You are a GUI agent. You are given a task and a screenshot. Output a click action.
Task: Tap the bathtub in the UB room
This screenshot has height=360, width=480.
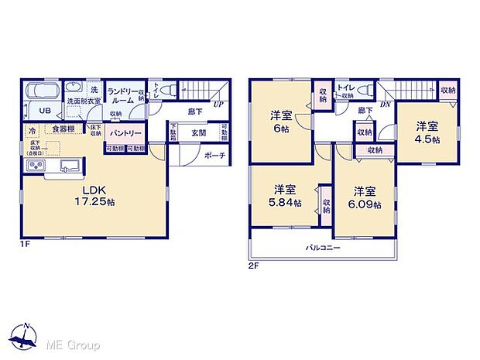[40, 93]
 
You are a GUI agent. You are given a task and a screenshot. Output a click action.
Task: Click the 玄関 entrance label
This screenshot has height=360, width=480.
[199, 132]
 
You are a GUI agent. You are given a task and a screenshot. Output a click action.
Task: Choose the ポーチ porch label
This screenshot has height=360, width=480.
[214, 155]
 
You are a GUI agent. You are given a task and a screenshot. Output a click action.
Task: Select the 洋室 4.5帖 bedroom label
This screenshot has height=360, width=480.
[425, 132]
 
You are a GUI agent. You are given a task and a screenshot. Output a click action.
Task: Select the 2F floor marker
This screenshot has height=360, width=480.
[253, 266]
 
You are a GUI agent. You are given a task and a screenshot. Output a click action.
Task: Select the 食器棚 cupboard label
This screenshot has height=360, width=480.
[64, 129]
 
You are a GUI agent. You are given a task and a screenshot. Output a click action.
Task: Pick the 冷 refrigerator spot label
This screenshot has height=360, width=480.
[33, 129]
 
